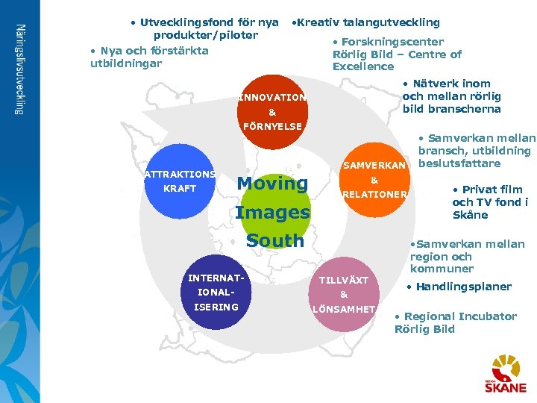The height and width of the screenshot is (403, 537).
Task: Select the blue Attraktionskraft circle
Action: pos(179,181)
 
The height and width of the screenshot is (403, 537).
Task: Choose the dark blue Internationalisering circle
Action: pos(213,293)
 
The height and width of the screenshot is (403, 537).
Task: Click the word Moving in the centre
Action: pos(272,183)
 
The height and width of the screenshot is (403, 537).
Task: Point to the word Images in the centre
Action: pos(272,212)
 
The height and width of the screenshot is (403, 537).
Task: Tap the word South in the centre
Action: pos(275,241)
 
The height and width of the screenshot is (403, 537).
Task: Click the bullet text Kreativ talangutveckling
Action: pos(366,22)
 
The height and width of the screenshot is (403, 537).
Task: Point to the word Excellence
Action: pos(363,67)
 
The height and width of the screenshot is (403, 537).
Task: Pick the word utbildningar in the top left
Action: pos(125,63)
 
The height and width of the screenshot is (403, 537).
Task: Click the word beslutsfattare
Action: pos(459,163)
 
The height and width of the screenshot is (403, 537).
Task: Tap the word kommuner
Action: pos(442,269)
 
